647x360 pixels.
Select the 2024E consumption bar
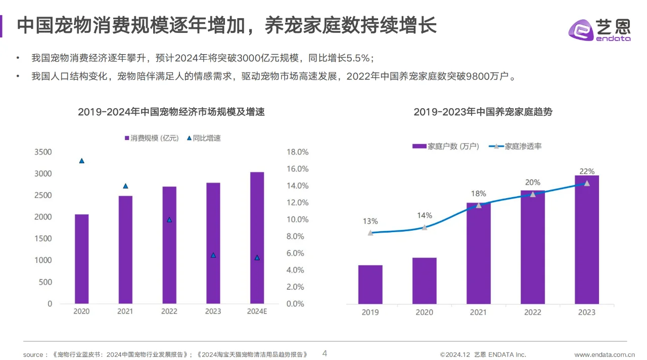click(257, 238)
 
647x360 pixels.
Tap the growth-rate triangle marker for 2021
click(125, 186)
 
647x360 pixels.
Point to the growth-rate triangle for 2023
click(213, 255)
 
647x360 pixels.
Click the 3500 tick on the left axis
click(43, 152)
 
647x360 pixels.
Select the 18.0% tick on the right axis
click(297, 152)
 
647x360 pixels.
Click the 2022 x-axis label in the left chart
click(169, 311)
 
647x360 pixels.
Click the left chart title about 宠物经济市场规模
click(171, 112)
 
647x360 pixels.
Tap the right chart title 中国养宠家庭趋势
click(483, 112)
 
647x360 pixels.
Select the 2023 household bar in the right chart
click(587, 240)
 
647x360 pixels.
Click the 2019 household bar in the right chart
click(371, 284)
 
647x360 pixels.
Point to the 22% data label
click(587, 171)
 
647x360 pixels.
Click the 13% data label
click(370, 221)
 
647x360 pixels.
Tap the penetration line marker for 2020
click(425, 228)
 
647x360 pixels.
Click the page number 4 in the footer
click(325, 353)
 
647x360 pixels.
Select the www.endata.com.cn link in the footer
click(605, 354)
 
